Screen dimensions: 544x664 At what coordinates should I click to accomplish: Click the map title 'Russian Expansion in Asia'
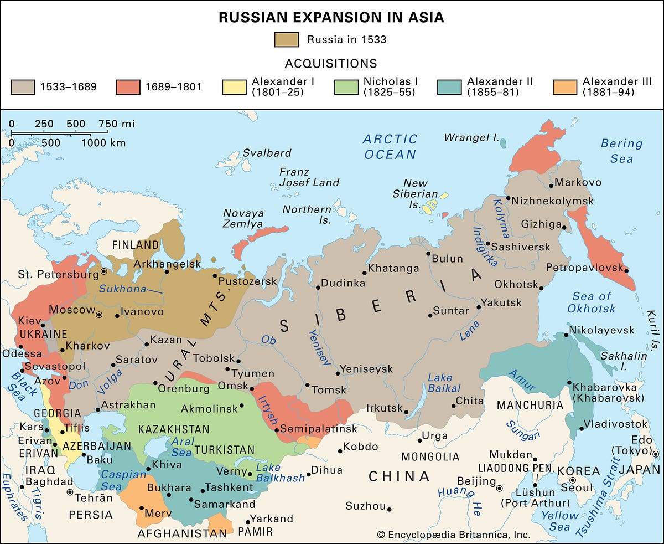click(x=331, y=17)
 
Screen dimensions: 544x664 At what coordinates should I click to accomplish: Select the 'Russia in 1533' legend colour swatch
click(x=286, y=39)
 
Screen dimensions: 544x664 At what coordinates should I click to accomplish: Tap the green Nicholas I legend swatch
click(x=346, y=87)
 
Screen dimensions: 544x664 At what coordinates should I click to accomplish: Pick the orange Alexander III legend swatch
click(x=564, y=87)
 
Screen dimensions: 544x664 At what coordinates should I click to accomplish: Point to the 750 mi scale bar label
click(x=117, y=124)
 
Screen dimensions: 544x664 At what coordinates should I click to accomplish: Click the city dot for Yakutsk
click(x=479, y=307)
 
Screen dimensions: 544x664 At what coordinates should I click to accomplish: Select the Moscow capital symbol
click(x=99, y=314)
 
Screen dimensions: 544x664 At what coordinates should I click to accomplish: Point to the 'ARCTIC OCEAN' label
click(x=390, y=146)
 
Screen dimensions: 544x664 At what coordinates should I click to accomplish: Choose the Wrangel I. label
click(x=471, y=137)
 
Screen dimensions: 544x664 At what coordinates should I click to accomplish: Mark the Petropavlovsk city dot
click(x=626, y=270)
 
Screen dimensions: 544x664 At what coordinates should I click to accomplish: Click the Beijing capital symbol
click(x=500, y=489)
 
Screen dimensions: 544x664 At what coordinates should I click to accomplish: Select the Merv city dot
click(x=142, y=508)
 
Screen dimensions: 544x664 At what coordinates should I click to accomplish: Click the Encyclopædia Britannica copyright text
click(x=454, y=535)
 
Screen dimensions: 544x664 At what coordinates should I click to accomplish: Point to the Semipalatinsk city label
click(x=319, y=429)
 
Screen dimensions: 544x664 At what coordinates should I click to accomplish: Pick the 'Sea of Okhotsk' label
click(x=591, y=302)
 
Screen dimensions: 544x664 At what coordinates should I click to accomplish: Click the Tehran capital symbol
click(x=70, y=492)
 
